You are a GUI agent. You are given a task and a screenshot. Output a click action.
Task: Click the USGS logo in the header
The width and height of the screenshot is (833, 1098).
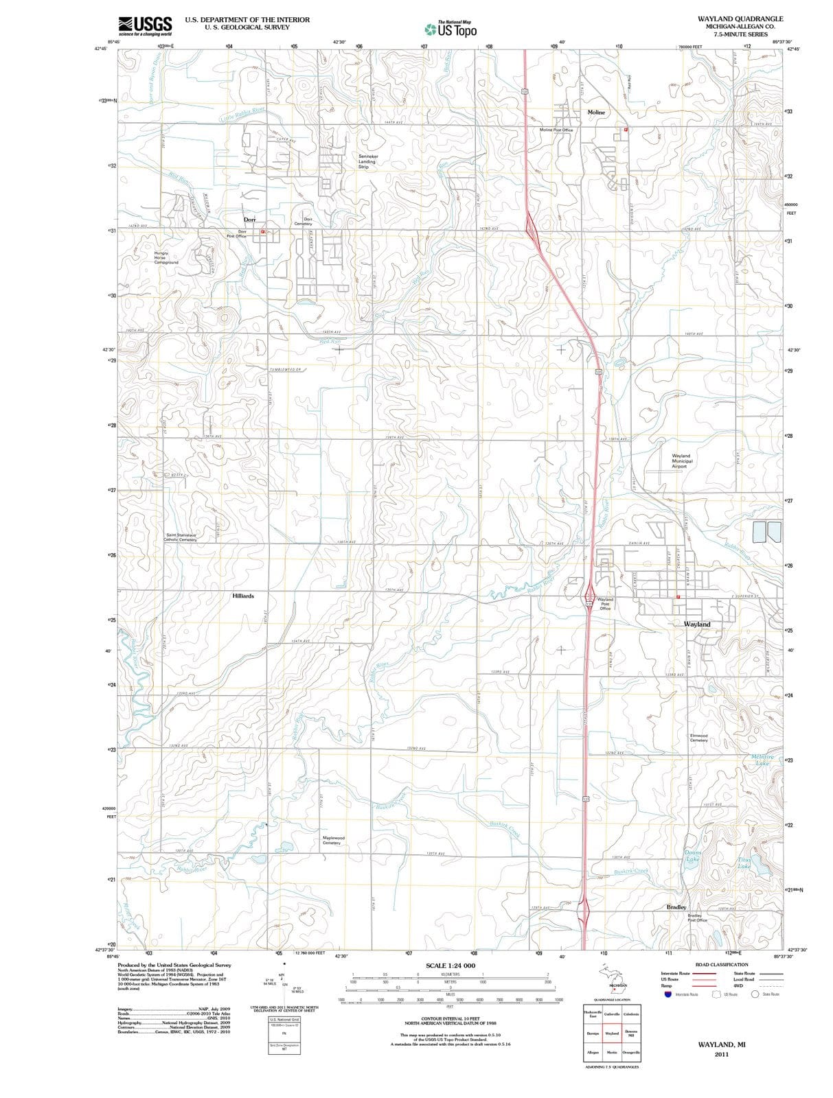pyautogui.click(x=145, y=25)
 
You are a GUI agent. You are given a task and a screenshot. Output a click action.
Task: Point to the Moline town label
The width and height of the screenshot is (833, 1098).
pyautogui.click(x=596, y=112)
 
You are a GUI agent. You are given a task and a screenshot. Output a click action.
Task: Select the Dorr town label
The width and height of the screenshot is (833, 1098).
pyautogui.click(x=249, y=220)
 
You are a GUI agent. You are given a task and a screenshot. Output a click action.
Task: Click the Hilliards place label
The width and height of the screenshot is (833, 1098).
pyautogui.click(x=243, y=596)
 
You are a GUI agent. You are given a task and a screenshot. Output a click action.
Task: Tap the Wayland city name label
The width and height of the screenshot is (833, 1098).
pyautogui.click(x=697, y=624)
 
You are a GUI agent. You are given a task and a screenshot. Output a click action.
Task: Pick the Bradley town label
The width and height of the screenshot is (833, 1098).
pyautogui.click(x=676, y=907)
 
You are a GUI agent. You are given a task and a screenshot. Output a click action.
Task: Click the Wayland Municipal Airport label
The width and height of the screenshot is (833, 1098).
pyautogui.click(x=682, y=460)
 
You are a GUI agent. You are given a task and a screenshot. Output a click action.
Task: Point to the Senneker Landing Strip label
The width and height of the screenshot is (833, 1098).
pyautogui.click(x=368, y=161)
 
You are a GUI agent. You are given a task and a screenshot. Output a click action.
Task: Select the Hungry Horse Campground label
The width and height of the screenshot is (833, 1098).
pyautogui.click(x=166, y=257)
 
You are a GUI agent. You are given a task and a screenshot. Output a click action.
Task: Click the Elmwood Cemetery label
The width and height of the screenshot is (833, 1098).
pyautogui.click(x=698, y=738)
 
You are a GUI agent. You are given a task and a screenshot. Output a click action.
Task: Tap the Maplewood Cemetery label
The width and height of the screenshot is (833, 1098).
pyautogui.click(x=333, y=840)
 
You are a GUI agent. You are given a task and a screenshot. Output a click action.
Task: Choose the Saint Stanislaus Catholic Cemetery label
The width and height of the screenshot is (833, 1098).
pyautogui.click(x=180, y=537)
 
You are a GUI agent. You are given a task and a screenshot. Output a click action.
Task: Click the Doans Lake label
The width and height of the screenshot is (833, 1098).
pyautogui.click(x=692, y=856)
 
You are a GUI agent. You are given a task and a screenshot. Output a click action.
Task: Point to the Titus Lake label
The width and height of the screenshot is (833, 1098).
pyautogui.click(x=744, y=863)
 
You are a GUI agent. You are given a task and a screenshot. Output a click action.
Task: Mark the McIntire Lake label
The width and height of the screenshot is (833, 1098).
pyautogui.click(x=762, y=760)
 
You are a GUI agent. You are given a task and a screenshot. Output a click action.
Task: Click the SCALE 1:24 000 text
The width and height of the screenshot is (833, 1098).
pyautogui.click(x=450, y=966)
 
